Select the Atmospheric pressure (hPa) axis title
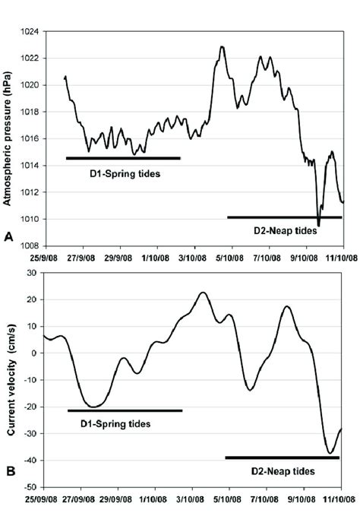pos(9,138)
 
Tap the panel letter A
pos(9,238)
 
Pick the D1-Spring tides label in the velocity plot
pos(115,423)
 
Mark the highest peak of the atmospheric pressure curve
pos(222,46)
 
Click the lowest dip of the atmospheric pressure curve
pos(319,226)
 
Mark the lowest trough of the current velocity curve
pos(330,453)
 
